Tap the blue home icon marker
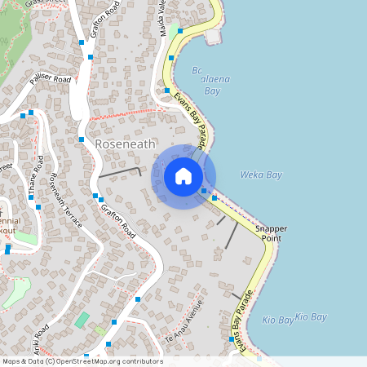click(x=183, y=176)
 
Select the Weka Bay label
click(x=261, y=175)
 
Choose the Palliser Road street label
click(x=51, y=80)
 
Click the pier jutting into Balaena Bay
click(x=214, y=37)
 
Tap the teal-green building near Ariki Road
click(x=82, y=319)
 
